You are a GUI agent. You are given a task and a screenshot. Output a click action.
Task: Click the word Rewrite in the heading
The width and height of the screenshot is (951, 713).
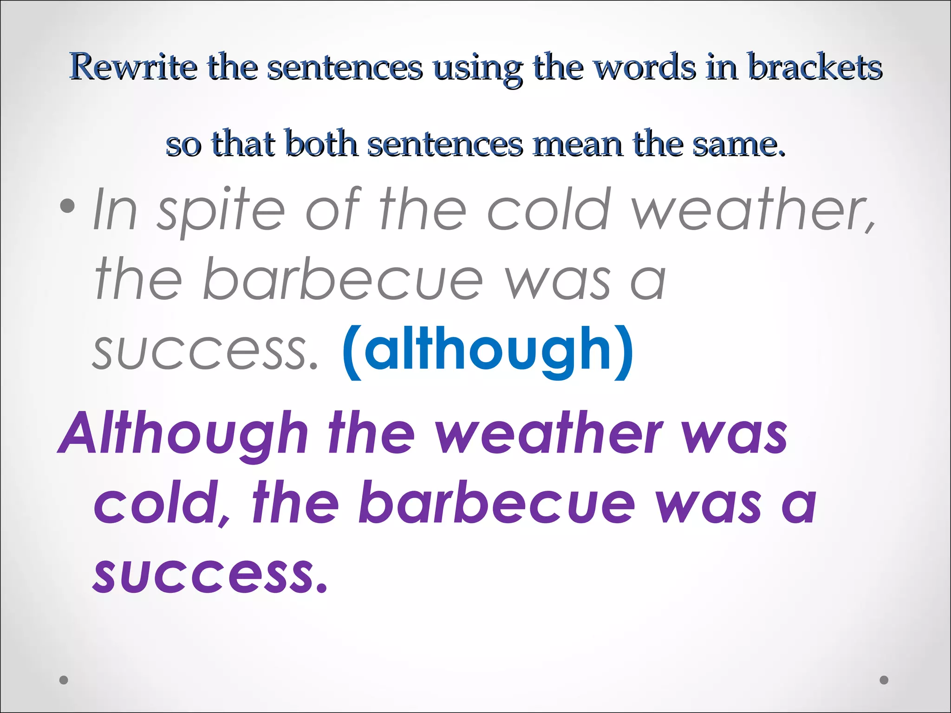[133, 67]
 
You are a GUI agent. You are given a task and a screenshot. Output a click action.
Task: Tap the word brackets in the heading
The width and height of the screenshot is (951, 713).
[815, 67]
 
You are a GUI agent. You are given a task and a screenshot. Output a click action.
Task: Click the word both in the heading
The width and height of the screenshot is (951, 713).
[322, 143]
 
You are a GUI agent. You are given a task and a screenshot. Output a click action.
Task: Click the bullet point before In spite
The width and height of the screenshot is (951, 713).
[68, 206]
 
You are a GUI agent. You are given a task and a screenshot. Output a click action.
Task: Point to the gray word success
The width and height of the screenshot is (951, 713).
[206, 351]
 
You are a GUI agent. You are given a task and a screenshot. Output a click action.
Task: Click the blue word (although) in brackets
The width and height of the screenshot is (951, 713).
[488, 351]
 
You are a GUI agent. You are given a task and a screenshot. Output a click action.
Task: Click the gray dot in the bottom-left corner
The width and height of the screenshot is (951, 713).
[64, 680]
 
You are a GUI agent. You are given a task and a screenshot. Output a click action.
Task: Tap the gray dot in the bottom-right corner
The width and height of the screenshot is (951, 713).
[884, 680]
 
